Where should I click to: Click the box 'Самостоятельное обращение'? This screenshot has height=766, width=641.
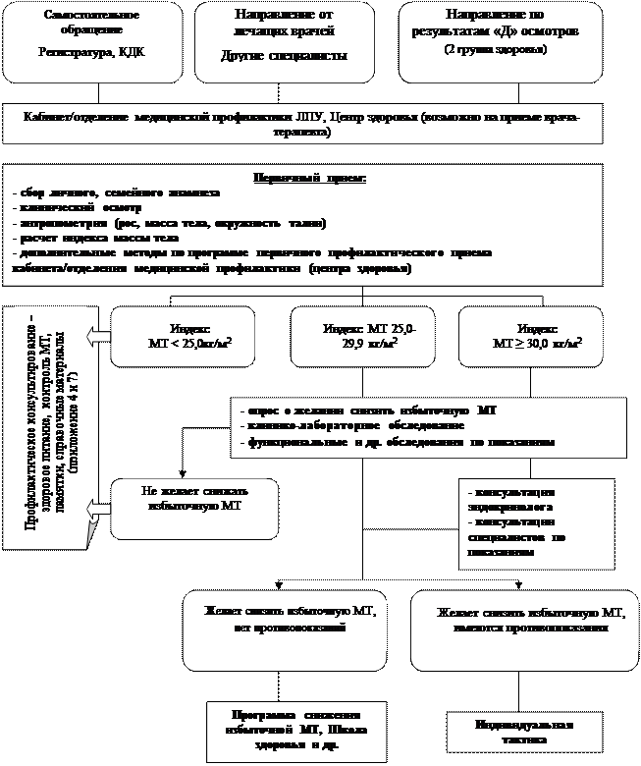tap(92, 41)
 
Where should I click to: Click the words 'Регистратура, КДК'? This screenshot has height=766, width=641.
tap(92, 51)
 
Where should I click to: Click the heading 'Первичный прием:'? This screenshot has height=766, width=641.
tap(309, 179)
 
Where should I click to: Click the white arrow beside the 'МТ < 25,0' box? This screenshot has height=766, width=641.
tap(96, 337)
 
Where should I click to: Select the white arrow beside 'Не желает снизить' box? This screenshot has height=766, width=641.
tap(97, 507)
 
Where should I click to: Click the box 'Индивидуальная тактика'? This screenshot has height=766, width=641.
tap(523, 732)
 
